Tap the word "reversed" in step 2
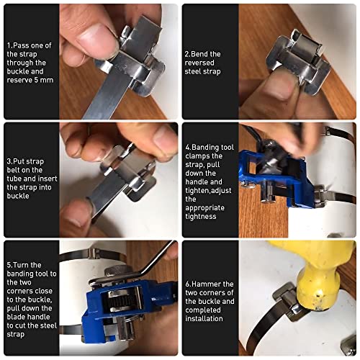199,63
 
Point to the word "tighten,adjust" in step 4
208,191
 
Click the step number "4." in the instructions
188,147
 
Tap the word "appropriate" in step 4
204,208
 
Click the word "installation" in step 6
204,319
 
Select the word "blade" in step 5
17,317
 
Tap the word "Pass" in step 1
21,45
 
